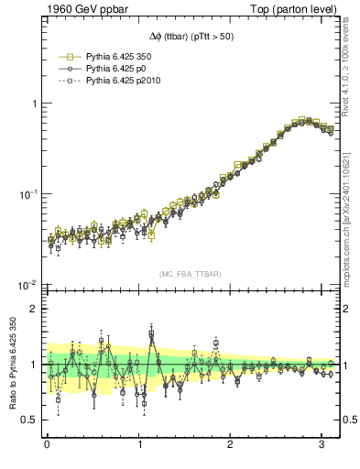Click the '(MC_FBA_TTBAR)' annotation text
tap(189, 274)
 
